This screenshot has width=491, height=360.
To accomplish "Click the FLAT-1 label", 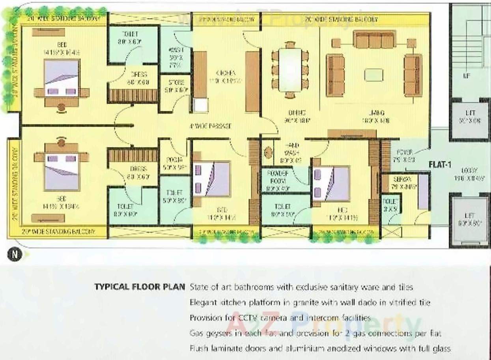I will (x=440, y=164).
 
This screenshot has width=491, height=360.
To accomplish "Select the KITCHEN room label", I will (x=226, y=73).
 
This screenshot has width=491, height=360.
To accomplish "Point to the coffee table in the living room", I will (x=373, y=75).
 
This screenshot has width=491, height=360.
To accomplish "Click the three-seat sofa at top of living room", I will (x=374, y=40).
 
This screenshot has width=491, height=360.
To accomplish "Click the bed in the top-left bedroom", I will (x=62, y=79).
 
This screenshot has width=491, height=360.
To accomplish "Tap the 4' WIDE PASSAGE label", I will (x=210, y=126).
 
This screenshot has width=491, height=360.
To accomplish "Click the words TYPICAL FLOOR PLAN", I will (x=140, y=287).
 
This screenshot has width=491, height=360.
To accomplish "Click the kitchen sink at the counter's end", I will (x=200, y=105).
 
